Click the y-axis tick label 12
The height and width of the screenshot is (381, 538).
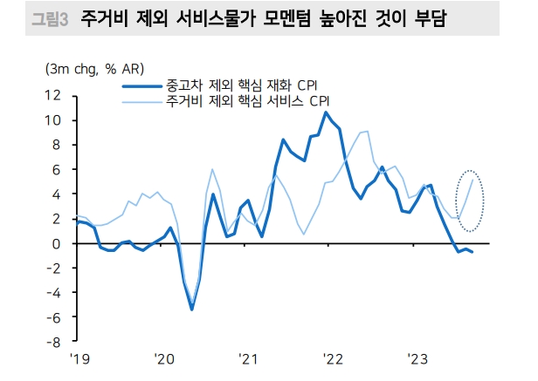(53, 95)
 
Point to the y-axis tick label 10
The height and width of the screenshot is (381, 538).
(53, 120)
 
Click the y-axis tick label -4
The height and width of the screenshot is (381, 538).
(54, 294)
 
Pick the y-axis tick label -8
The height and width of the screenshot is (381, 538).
(54, 343)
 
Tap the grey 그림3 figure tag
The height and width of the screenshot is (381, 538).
(49, 17)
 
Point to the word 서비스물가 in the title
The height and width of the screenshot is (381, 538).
(204, 17)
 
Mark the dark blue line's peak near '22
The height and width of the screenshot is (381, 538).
(326, 112)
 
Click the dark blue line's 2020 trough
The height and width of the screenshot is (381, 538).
(191, 310)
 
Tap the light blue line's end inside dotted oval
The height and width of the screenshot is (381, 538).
(472, 180)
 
